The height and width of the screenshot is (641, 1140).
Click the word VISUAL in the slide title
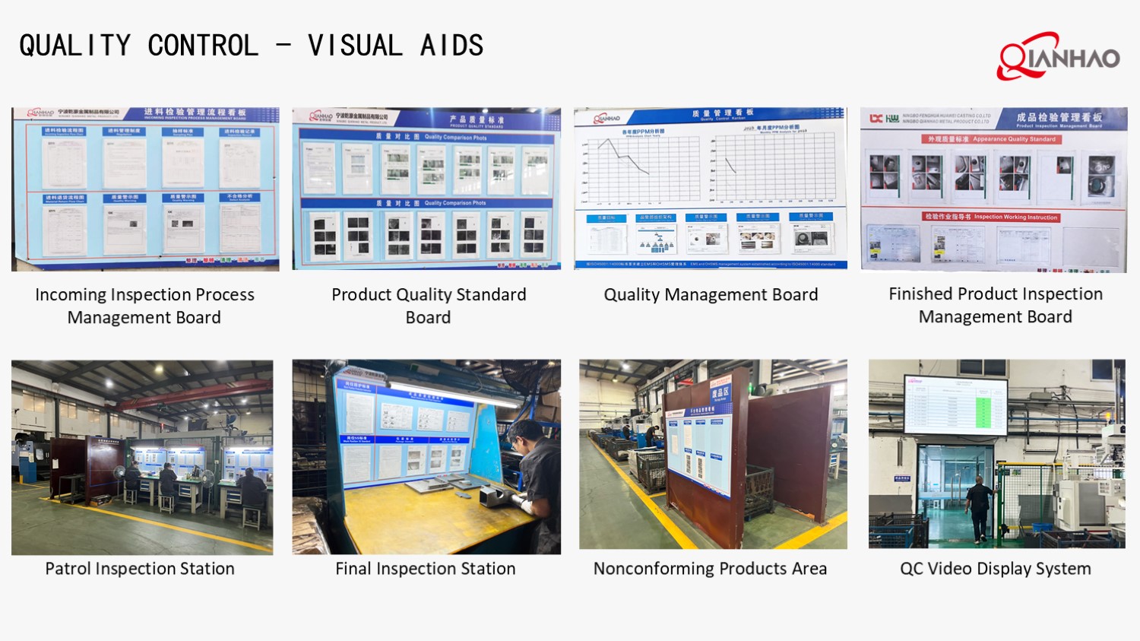point(355,46)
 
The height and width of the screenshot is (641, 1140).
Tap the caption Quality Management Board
point(711,295)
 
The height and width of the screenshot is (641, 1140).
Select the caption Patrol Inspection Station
point(140,569)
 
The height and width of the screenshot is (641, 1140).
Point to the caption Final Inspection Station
point(426,569)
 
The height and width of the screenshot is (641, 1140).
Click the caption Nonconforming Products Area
point(710,569)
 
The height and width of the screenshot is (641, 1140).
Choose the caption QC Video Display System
point(996,569)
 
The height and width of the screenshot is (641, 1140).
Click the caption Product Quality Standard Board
point(429,306)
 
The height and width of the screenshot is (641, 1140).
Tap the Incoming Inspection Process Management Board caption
point(144,306)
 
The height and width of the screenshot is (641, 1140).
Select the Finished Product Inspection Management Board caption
point(996,305)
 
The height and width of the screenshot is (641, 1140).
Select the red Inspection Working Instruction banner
point(991,217)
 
